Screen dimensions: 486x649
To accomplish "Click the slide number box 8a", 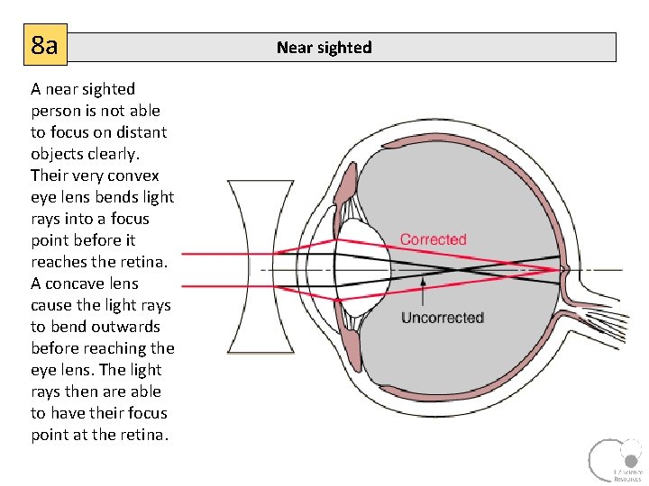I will [x=44, y=45].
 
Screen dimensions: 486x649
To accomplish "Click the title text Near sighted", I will [x=324, y=48].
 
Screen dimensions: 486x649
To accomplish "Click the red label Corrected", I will [x=433, y=239].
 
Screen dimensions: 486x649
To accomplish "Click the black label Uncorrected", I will [x=442, y=318].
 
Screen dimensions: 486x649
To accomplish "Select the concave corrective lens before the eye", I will [x=261, y=267].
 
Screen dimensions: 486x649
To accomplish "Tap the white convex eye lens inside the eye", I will [x=362, y=267].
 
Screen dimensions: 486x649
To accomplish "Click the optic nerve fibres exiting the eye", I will [x=622, y=319].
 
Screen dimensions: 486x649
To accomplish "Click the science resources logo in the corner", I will [x=616, y=459].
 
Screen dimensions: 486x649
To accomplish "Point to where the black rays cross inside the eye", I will [x=462, y=268].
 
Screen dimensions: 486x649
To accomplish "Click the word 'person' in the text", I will [x=57, y=111].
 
